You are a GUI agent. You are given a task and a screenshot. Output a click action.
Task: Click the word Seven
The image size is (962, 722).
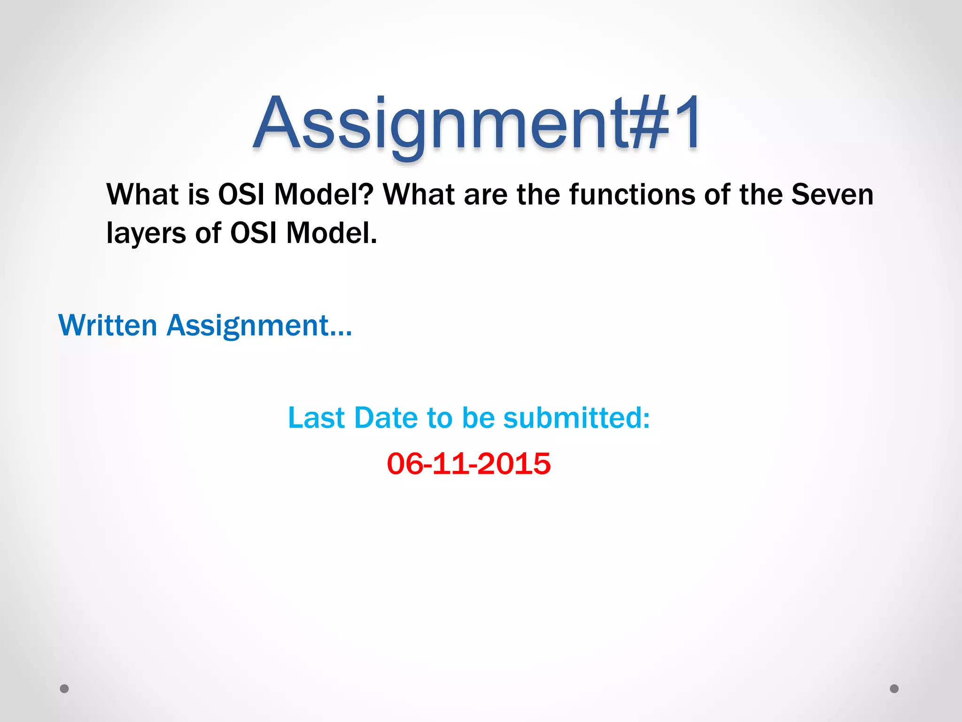coord(832,195)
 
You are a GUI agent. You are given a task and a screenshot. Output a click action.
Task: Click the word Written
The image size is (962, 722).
coord(108,325)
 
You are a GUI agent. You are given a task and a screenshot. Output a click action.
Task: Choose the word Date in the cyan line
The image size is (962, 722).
coord(386,417)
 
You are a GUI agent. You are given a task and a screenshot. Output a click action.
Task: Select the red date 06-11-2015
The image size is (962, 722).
coord(469,463)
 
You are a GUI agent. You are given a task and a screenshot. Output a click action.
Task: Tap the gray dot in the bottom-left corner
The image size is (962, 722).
coord(64,689)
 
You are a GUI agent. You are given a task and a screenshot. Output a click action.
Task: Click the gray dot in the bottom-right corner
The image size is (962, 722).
coord(894,689)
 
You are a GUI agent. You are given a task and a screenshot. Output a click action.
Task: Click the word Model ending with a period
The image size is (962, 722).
coord(331,233)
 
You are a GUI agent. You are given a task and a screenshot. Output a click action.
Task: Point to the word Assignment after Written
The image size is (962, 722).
coord(259,325)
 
